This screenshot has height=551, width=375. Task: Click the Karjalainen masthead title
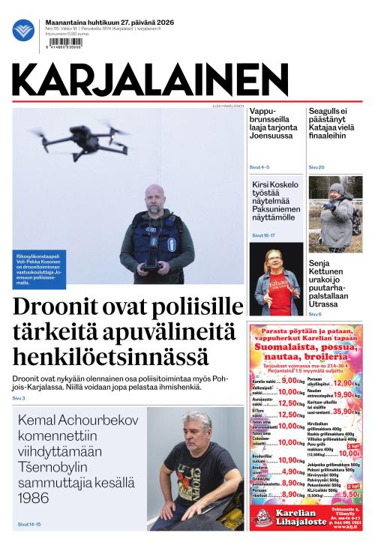150,79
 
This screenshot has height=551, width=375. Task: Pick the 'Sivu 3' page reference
19,398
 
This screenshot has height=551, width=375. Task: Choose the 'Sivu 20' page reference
316,166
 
